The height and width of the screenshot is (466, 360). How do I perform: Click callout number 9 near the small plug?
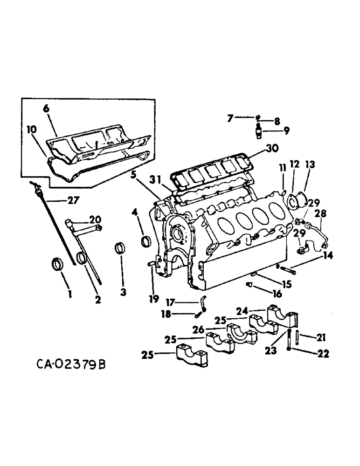click(x=284, y=131)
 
